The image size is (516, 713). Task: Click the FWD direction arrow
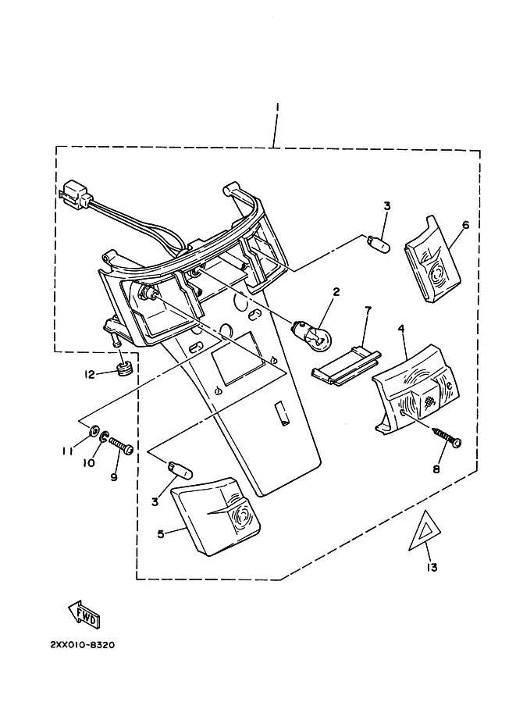pos(84,615)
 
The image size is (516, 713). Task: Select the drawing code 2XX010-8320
pos(82,645)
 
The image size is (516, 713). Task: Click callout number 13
pos(432,567)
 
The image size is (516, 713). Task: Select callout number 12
pos(90,374)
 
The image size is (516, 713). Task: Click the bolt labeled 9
pos(120,444)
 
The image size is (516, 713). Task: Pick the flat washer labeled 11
pos(94,429)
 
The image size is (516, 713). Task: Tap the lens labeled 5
pos(216,516)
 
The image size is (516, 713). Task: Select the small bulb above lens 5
pos(180,469)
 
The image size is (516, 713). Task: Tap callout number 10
pos(89,463)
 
